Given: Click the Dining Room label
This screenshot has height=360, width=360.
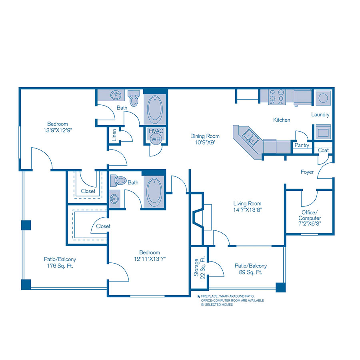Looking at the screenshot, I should (205, 136).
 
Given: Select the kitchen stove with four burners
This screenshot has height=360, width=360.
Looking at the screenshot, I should (277, 96).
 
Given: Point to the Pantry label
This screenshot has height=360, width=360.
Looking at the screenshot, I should (302, 146).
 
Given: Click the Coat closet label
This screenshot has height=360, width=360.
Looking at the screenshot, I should (323, 150).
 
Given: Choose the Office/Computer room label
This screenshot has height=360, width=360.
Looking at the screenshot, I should (310, 218).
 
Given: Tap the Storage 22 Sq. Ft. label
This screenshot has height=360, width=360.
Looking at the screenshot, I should (199, 268).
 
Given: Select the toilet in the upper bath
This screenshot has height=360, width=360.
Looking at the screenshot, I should (134, 98).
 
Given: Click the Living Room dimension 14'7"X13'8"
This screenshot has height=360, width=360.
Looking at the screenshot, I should (248, 210).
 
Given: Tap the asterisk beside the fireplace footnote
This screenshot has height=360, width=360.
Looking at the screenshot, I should (198, 296).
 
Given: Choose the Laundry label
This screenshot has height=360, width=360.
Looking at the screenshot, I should (320, 115).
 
